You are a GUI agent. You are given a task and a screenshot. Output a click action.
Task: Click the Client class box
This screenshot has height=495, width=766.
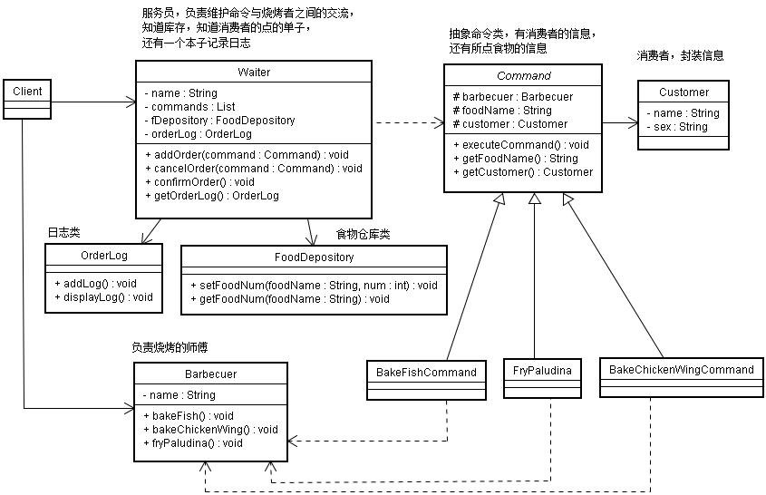[26, 91]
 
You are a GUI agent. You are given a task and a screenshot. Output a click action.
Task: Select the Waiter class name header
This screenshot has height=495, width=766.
[253, 72]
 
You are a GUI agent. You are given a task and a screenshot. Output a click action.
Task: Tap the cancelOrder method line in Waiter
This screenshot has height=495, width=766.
[253, 168]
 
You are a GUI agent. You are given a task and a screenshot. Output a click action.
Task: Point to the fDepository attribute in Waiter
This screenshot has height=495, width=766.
[218, 120]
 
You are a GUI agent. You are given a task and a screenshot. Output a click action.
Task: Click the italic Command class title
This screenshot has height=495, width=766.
[521, 75]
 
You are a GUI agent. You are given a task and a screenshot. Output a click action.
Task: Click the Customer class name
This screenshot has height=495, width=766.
[684, 92]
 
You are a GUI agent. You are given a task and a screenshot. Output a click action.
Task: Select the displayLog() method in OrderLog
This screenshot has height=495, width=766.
[103, 296]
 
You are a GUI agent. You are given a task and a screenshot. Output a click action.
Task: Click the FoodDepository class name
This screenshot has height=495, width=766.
[314, 257]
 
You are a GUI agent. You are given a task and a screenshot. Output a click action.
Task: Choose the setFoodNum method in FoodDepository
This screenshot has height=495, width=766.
[314, 285]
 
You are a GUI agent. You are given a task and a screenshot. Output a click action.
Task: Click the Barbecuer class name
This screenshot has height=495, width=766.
[211, 374]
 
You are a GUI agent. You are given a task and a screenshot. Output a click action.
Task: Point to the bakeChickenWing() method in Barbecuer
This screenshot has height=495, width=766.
[212, 429]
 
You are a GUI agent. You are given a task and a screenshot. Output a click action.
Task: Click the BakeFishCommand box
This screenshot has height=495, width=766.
[426, 372]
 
